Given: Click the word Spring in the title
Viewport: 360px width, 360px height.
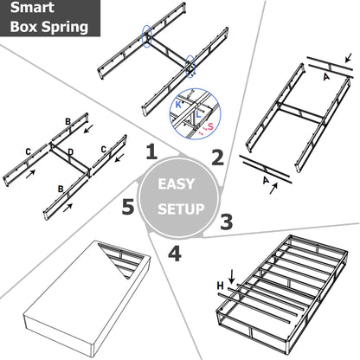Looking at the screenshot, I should (x=67, y=27).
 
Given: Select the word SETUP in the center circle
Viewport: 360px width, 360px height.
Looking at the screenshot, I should (x=180, y=210).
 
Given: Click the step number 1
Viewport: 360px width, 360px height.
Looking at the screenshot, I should (x=151, y=153).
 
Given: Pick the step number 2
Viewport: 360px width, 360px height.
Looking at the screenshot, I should (x=217, y=157).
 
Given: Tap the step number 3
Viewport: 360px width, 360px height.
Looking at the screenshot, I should (x=225, y=221).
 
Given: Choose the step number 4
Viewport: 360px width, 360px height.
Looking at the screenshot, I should (x=174, y=254).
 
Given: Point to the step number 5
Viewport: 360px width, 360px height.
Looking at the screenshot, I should (x=128, y=208).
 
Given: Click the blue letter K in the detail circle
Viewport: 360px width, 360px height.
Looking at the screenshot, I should (x=179, y=103).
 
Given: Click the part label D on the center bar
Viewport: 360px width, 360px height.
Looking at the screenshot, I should (x=70, y=153).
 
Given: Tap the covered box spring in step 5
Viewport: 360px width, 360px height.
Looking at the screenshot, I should (x=82, y=294).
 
